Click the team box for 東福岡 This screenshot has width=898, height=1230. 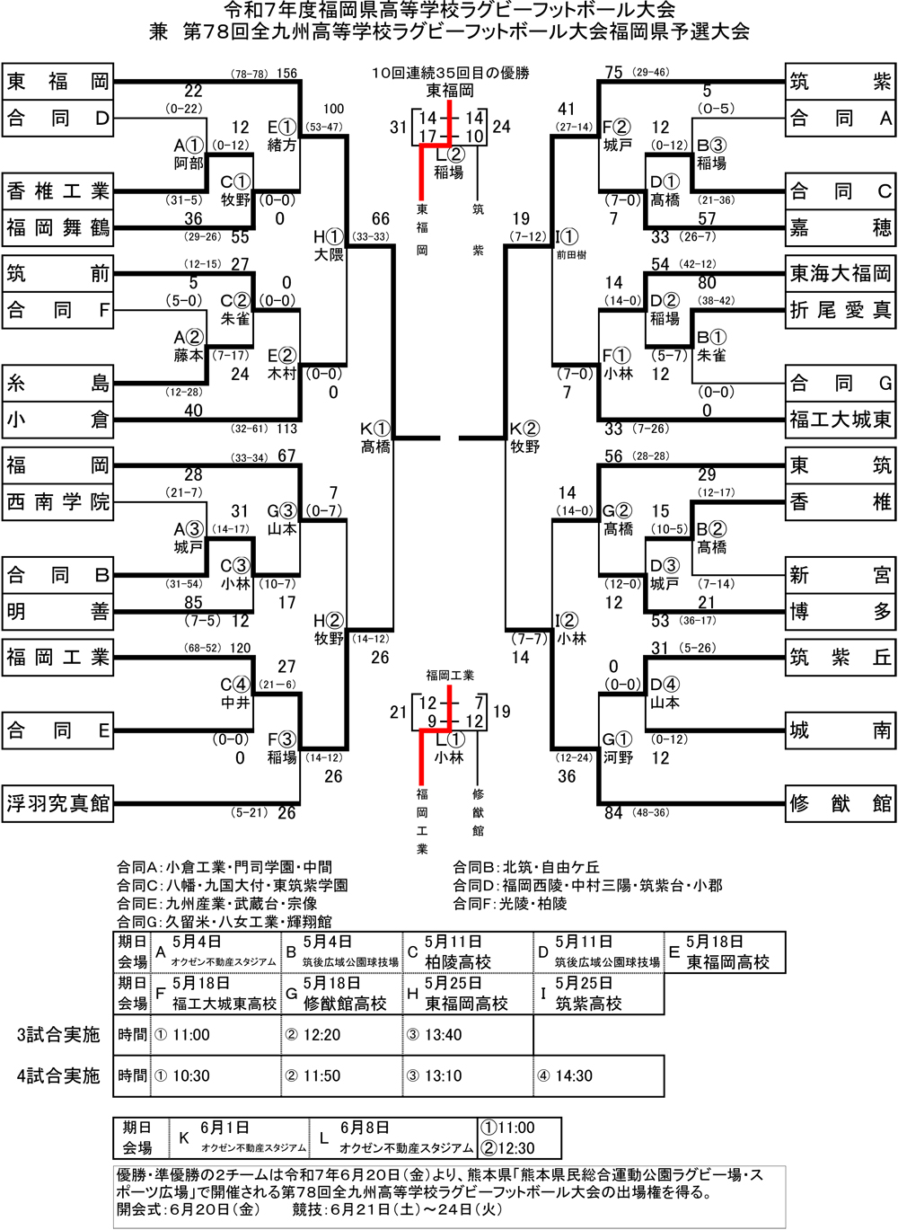[x=57, y=83]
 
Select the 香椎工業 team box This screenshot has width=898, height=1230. [x=57, y=191]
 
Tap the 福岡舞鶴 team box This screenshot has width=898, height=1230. [x=57, y=228]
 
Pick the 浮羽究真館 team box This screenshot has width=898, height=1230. [x=57, y=803]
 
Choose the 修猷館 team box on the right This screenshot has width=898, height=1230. [x=841, y=803]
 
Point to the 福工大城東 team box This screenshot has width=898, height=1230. [x=841, y=420]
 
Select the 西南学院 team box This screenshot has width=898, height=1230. [x=57, y=501]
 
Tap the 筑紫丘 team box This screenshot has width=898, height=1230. [x=841, y=658]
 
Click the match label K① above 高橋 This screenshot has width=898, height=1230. [x=376, y=429]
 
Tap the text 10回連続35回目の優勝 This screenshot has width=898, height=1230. [x=449, y=72]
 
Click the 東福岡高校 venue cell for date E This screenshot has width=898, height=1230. [x=728, y=962]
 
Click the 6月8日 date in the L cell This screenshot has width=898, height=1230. [x=364, y=1128]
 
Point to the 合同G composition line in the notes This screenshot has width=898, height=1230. [x=224, y=922]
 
